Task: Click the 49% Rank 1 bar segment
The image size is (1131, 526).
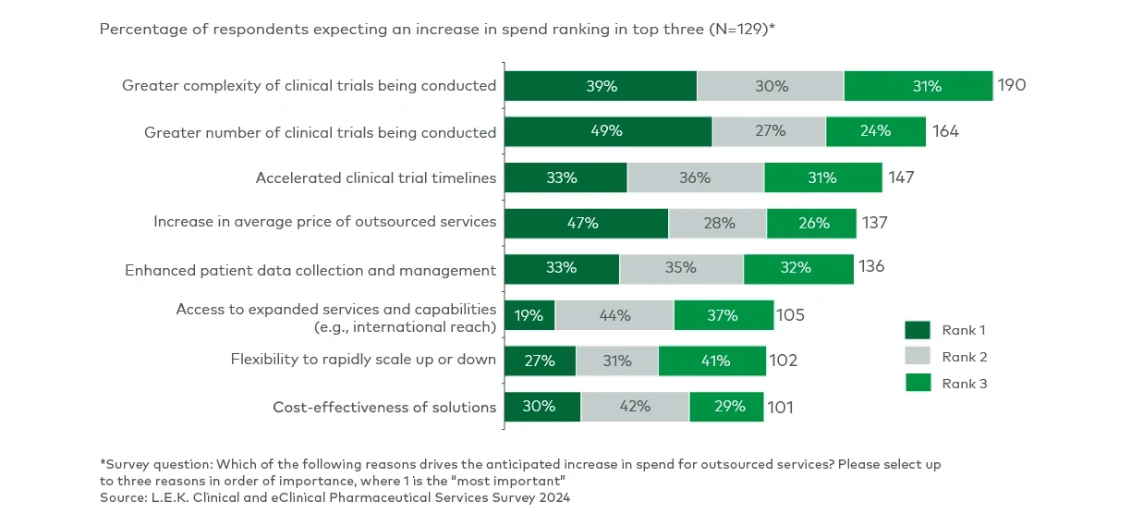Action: (607, 131)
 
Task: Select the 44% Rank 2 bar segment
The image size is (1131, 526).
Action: (614, 315)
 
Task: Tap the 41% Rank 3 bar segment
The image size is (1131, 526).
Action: (711, 361)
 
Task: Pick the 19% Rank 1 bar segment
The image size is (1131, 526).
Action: (529, 315)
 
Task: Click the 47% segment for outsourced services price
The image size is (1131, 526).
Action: (586, 223)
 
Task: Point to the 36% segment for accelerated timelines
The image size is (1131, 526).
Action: (695, 177)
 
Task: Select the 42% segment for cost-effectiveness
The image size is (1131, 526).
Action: (635, 407)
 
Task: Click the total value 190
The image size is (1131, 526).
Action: (1011, 86)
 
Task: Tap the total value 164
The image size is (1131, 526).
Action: (945, 131)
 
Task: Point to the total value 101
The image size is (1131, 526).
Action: (780, 407)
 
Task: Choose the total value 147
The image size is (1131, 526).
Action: (901, 177)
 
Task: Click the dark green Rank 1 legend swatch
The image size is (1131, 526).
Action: (918, 330)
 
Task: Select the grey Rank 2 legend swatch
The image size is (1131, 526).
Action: (918, 357)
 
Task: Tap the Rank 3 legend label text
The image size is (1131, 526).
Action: (965, 384)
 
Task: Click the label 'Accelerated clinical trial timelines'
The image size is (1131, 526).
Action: (375, 177)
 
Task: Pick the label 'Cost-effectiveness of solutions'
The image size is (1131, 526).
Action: (384, 407)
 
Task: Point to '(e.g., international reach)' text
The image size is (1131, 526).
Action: (405, 326)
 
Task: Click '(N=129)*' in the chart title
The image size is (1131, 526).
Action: (740, 29)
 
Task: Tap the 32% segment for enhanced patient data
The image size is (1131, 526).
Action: (798, 269)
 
